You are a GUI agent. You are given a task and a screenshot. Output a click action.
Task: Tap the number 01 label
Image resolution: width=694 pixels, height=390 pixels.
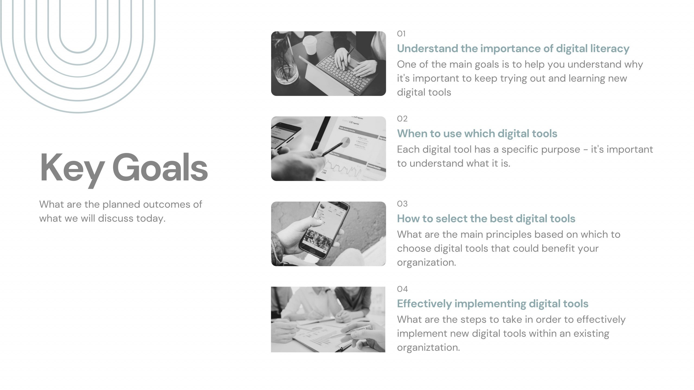(x=401, y=34)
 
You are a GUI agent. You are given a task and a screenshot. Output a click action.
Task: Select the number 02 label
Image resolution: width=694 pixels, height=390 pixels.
(x=402, y=119)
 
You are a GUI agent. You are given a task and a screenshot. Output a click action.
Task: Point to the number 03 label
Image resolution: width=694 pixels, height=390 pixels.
(x=402, y=204)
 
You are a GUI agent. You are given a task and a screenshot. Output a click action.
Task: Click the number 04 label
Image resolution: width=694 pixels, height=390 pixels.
(x=402, y=289)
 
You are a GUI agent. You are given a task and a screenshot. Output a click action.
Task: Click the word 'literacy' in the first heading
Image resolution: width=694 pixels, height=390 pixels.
(x=610, y=49)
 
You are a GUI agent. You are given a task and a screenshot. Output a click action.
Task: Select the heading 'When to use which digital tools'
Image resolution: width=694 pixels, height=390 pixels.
(x=477, y=134)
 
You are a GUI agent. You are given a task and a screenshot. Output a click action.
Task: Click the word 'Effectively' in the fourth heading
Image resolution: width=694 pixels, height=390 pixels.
(x=424, y=304)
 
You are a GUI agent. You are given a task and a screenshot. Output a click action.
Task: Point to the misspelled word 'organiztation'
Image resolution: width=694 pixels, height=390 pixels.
(x=429, y=348)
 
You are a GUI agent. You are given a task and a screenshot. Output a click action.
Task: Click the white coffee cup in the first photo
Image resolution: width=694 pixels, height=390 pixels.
(x=310, y=45)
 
